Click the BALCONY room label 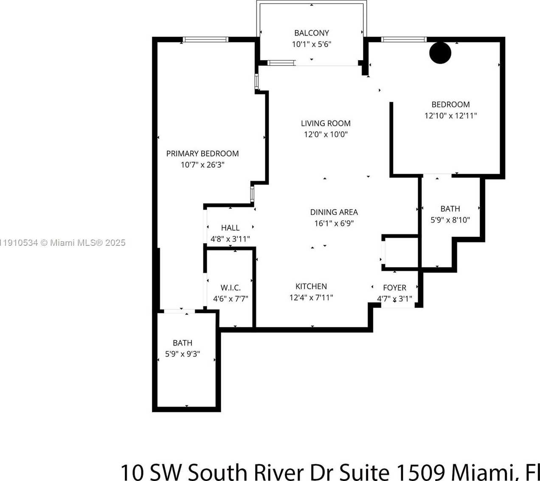(x=312, y=33)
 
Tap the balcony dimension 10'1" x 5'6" (x=312, y=44)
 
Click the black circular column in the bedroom (x=440, y=53)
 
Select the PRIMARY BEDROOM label (x=202, y=154)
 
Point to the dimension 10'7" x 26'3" (x=202, y=165)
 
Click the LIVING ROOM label (x=326, y=124)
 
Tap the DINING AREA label (x=334, y=212)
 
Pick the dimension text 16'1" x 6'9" (x=334, y=223)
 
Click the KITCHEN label (x=311, y=287)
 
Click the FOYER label (x=394, y=288)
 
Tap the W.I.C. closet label (x=231, y=288)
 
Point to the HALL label (x=230, y=228)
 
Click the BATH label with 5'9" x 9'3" (x=183, y=343)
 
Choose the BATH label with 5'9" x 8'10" (x=450, y=209)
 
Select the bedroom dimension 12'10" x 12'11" (x=450, y=115)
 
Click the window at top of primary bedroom (x=205, y=40)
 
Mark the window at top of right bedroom (x=404, y=40)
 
